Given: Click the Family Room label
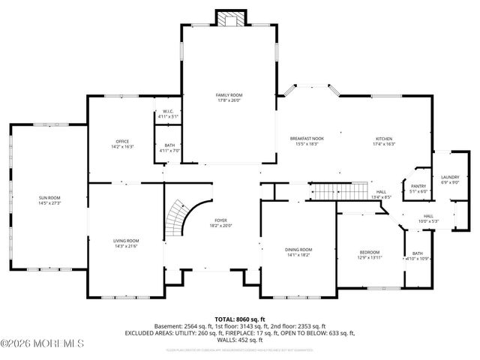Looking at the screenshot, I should (x=229, y=95).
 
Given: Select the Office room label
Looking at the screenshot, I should (x=122, y=142).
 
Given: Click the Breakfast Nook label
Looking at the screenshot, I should (x=307, y=139).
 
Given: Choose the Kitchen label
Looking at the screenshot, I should (x=384, y=139).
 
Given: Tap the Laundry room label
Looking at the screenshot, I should (x=449, y=176).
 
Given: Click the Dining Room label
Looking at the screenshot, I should (x=297, y=250).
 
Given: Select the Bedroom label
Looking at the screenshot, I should (x=369, y=252).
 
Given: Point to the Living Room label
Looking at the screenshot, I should (x=126, y=241).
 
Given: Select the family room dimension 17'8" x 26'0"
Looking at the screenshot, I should (x=229, y=100).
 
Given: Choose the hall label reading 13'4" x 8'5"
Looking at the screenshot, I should (x=381, y=197).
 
